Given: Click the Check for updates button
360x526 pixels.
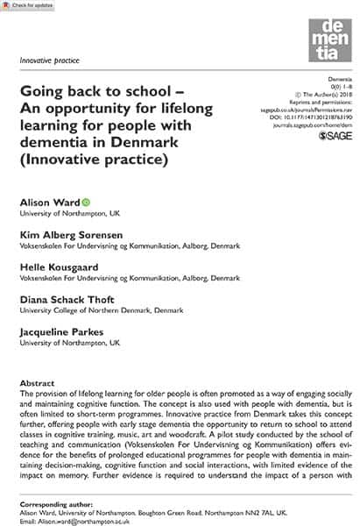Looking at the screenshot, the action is pyautogui.click(x=27, y=6).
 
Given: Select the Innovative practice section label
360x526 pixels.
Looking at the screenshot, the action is pyautogui.click(x=48, y=60).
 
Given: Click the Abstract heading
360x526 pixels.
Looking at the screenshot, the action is pyautogui.click(x=39, y=383).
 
